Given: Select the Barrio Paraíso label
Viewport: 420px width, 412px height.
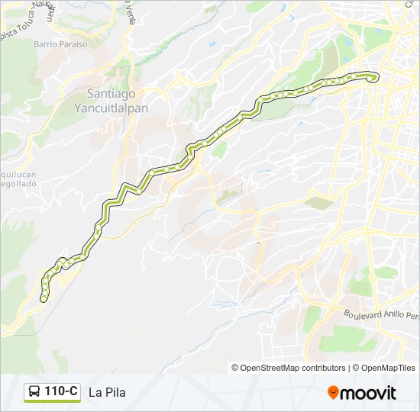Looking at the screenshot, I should coord(60,44).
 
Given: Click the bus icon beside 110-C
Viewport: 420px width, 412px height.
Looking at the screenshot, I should coord(34,392).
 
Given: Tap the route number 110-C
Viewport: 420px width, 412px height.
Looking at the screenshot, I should coord(61,392).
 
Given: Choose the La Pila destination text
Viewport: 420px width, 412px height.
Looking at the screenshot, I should coord(107,393).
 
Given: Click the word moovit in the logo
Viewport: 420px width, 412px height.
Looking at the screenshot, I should coord(368,393).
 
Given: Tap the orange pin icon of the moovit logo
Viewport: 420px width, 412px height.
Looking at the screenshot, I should coord(333,393).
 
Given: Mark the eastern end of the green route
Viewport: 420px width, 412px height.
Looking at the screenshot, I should coord(374,76).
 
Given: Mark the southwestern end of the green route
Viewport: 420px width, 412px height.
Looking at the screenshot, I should coord(44,298).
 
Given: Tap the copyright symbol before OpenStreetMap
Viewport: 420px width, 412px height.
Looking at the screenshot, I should coord(235,368).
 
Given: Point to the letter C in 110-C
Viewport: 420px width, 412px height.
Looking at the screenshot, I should coord(73,392).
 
